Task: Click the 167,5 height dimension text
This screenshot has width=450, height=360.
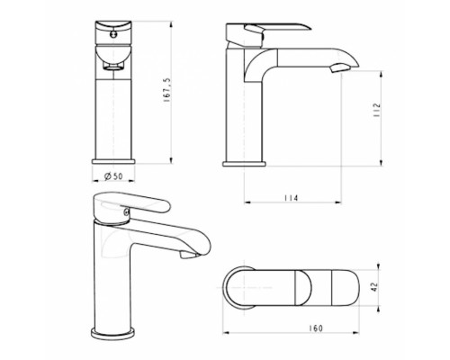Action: point(166,90)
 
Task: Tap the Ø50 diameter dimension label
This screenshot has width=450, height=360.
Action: point(113,176)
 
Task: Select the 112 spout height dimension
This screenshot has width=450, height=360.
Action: point(376,110)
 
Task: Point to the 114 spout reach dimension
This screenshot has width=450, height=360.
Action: point(292,198)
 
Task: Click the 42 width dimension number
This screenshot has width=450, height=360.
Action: point(374,287)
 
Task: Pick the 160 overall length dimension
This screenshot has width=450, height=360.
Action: point(316,328)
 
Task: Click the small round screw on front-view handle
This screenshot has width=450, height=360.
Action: point(113,34)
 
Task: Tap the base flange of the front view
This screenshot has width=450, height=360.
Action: point(113,162)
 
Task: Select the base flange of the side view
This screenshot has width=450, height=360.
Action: point(244,164)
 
